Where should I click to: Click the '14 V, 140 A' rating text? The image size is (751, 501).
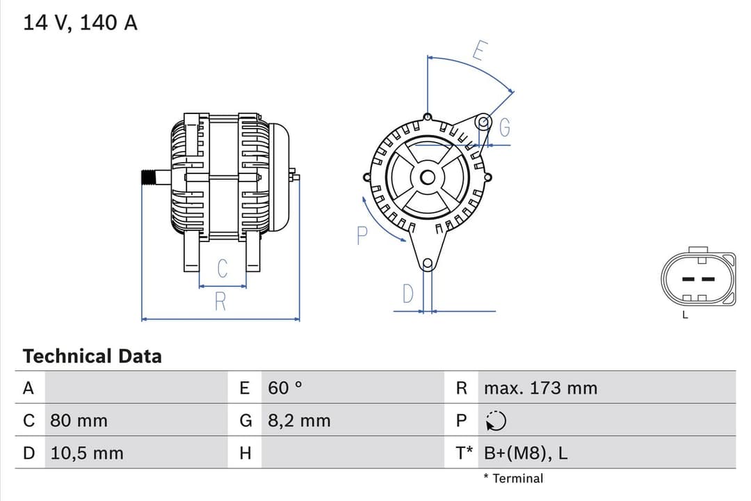click(81, 23)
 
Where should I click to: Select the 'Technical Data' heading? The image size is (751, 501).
click(92, 356)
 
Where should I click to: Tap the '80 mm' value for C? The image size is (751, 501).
click(79, 421)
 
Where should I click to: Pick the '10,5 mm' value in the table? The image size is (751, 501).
click(87, 453)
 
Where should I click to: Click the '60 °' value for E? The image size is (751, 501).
click(285, 388)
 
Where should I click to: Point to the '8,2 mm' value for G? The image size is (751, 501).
click(299, 421)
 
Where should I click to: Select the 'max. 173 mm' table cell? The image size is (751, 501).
click(540, 388)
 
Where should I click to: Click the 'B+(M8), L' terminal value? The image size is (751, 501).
click(525, 453)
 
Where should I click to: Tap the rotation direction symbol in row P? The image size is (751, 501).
click(496, 421)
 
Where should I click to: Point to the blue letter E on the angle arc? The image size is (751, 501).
click(480, 51)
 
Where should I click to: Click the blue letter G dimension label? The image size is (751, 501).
click(505, 128)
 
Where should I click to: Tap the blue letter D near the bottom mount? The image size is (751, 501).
click(408, 294)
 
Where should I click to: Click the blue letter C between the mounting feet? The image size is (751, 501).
click(222, 269)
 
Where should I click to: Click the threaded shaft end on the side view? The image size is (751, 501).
click(148, 177)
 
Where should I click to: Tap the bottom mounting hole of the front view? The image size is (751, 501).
click(428, 264)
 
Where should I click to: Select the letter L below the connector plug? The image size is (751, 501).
click(685, 315)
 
